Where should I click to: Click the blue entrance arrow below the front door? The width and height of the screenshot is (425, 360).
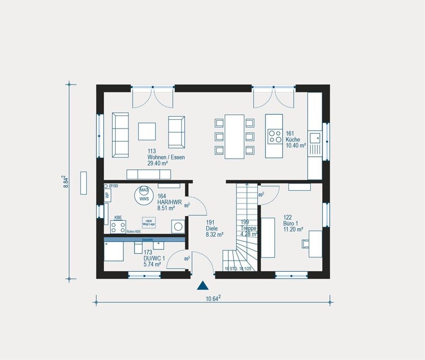click(x=203, y=286)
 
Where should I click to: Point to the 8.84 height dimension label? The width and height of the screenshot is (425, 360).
click(x=66, y=183)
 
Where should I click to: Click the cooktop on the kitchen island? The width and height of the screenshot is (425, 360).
click(x=275, y=136)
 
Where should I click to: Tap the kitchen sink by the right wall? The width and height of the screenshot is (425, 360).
click(x=316, y=137)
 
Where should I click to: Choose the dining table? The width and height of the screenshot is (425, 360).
click(x=234, y=136)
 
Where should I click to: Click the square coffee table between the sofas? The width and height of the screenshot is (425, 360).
click(x=147, y=131)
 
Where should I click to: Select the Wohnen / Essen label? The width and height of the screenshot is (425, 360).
click(x=166, y=158)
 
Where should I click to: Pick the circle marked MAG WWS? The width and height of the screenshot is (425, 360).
click(x=144, y=194)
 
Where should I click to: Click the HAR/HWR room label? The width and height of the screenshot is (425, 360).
click(x=166, y=202)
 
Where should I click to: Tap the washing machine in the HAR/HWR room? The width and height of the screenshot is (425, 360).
click(x=178, y=226)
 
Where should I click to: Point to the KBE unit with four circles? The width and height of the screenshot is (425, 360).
click(x=118, y=227)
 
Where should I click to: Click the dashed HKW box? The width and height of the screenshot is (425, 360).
click(x=149, y=223)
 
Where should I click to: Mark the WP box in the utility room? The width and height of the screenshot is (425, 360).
click(x=107, y=195)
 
